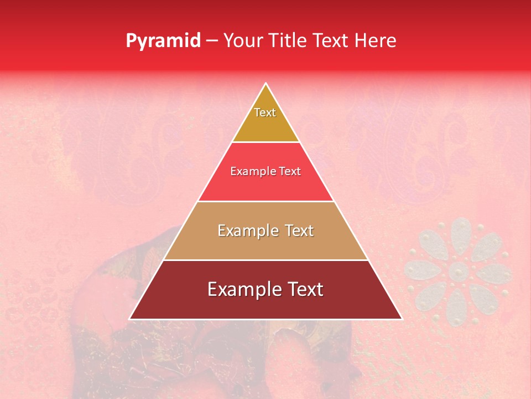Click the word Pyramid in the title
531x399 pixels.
pyautogui.click(x=163, y=41)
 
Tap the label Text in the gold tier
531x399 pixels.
pyautogui.click(x=265, y=112)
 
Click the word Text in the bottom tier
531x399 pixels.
pyautogui.click(x=304, y=289)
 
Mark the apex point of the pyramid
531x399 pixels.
pyautogui.click(x=265, y=84)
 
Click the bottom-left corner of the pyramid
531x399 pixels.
pyautogui.click(x=130, y=319)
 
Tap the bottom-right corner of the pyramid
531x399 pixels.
pyautogui.click(x=402, y=319)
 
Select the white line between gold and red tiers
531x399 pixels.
pyautogui.click(x=265, y=142)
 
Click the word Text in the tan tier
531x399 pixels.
pyautogui.click(x=298, y=231)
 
